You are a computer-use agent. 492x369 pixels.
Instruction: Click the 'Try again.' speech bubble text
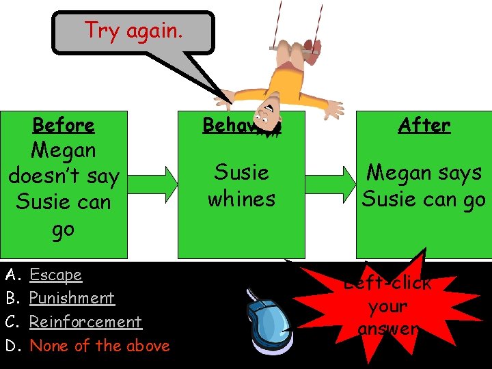pyautogui.click(x=133, y=31)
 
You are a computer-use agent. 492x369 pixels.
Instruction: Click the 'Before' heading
pyautogui.click(x=64, y=125)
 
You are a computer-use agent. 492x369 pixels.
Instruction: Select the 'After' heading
pyautogui.click(x=424, y=125)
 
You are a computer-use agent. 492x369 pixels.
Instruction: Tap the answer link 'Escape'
pyautogui.click(x=55, y=275)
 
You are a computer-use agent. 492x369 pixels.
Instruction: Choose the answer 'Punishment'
pyautogui.click(x=72, y=299)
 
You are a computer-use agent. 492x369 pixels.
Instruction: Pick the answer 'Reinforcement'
pyautogui.click(x=85, y=322)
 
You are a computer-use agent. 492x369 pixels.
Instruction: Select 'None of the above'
pyautogui.click(x=100, y=346)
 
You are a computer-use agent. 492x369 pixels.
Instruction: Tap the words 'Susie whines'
pyautogui.click(x=241, y=185)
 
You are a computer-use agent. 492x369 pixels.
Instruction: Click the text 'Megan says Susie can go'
pyautogui.click(x=424, y=185)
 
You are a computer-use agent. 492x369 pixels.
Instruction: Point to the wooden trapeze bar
pyautogui.click(x=295, y=48)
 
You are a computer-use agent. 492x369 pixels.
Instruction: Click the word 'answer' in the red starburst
pyautogui.click(x=387, y=329)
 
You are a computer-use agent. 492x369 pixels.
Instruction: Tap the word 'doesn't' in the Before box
pyautogui.click(x=64, y=176)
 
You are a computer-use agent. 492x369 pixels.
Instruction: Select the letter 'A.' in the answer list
pyautogui.click(x=12, y=275)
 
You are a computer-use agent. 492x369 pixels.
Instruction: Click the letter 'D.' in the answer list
pyautogui.click(x=12, y=346)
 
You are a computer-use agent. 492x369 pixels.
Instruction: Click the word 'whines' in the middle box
pyautogui.click(x=241, y=199)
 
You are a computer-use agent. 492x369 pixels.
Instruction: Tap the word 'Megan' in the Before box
pyautogui.click(x=64, y=150)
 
